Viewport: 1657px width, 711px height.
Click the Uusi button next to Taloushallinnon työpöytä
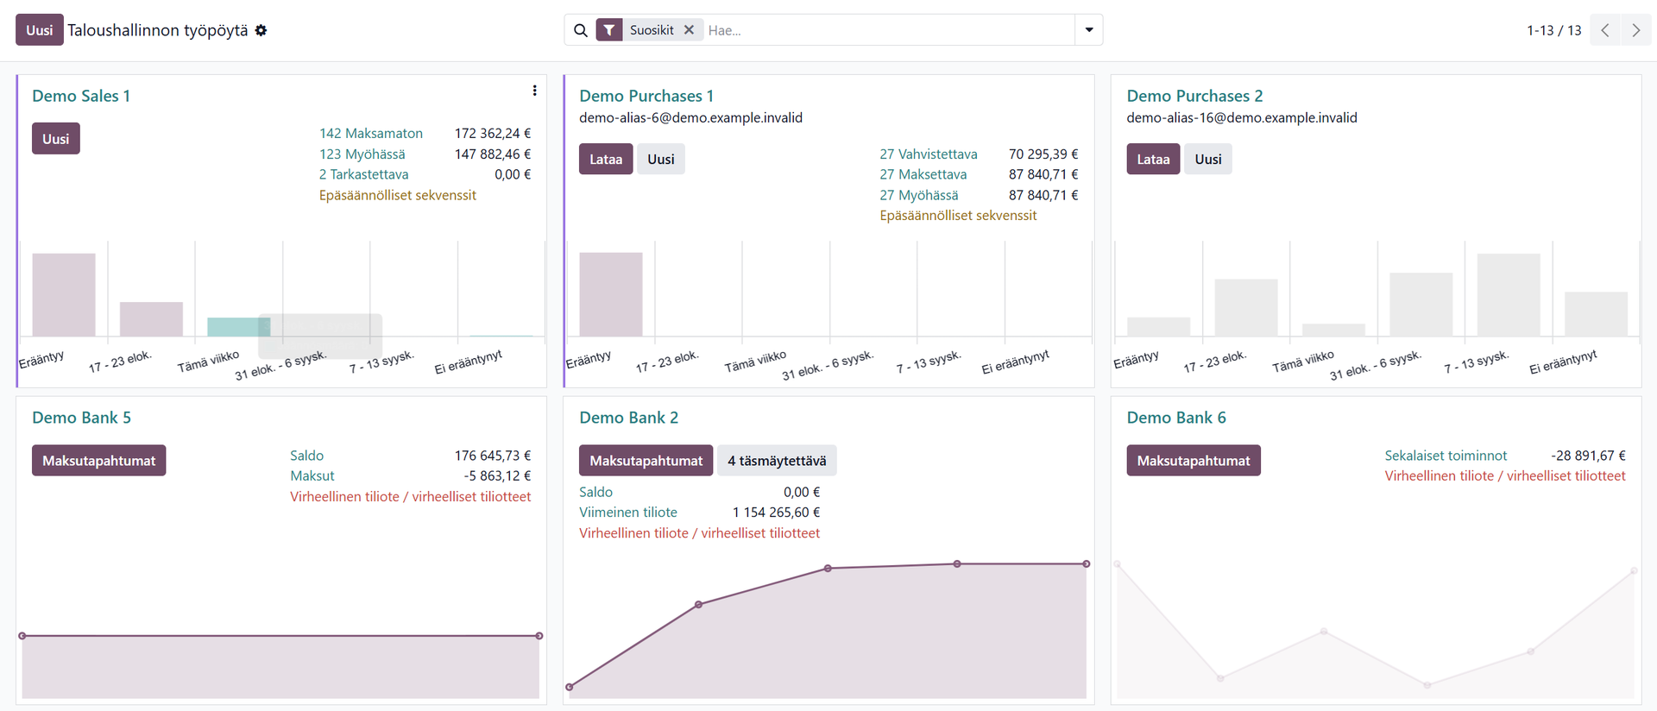click(39, 30)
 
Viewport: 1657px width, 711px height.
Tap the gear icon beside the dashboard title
click(261, 30)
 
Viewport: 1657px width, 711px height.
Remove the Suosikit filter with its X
click(689, 30)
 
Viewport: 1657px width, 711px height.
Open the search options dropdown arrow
click(1088, 30)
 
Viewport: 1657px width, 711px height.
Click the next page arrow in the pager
click(1635, 30)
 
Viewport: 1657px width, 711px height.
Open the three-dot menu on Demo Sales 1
click(534, 91)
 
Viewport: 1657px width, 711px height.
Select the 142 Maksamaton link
click(371, 134)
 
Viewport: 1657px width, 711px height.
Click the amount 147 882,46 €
click(493, 154)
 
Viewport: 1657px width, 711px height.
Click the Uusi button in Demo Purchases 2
click(1207, 159)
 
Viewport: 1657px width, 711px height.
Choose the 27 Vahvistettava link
click(929, 154)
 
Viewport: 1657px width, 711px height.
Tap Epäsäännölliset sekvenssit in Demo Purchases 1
click(958, 216)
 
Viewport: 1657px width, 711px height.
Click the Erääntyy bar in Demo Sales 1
click(64, 294)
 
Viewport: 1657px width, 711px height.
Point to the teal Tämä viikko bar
click(239, 327)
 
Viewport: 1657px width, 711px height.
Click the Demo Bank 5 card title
click(81, 418)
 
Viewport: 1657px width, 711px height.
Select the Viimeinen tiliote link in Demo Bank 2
click(628, 513)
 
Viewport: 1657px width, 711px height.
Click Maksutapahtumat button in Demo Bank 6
click(1194, 461)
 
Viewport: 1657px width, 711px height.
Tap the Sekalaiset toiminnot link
click(1446, 456)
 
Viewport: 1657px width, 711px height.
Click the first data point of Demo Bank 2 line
click(570, 687)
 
